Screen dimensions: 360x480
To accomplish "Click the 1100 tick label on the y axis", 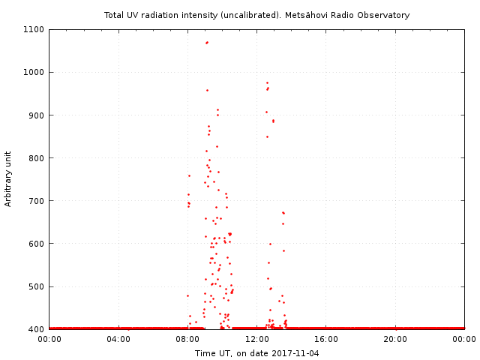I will coord(35,30).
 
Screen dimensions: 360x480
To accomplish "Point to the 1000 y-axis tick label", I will coord(35,73).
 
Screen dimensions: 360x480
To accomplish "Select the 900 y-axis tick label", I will coord(37,115).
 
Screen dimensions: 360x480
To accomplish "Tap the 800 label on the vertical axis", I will coord(37,158).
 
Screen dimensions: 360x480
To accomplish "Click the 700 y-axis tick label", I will coord(37,201).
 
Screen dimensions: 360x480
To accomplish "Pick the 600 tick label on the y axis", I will coord(37,244).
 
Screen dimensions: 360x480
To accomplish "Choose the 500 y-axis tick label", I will coord(37,286).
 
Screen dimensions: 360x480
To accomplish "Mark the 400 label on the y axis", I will coord(37,329).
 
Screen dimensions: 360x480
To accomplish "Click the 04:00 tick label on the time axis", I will coord(118,340).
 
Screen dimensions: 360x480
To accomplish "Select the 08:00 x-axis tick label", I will coord(187,340).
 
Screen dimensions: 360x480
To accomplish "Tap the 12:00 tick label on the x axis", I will coord(257,340).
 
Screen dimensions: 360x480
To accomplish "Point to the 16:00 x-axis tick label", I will coord(326,340).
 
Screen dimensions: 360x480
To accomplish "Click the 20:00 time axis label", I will coord(395,340).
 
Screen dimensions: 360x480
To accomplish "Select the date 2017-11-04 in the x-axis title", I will coord(295,353).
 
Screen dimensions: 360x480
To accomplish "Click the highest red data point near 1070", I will coord(207,43).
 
